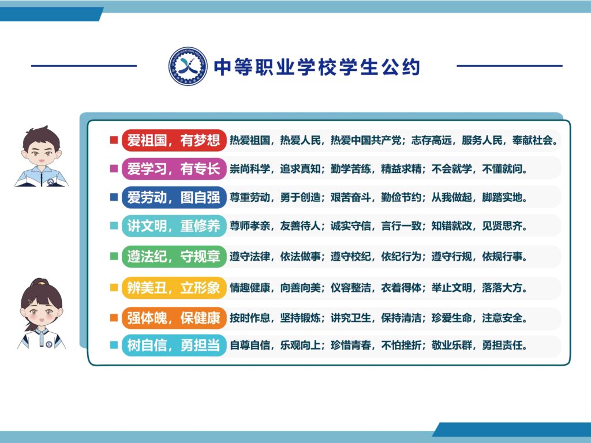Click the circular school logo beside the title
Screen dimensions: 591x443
pyautogui.click(x=188, y=66)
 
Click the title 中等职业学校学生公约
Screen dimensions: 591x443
pyautogui.click(x=317, y=67)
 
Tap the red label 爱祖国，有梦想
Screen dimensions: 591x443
pyautogui.click(x=174, y=140)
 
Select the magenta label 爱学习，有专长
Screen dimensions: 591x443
pyautogui.click(x=174, y=168)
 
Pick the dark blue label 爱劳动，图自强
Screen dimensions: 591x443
pyautogui.click(x=174, y=197)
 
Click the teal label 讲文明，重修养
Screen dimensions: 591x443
pyautogui.click(x=174, y=226)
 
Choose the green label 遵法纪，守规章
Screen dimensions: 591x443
pyautogui.click(x=174, y=256)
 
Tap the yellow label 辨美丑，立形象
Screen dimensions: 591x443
pyautogui.click(x=174, y=287)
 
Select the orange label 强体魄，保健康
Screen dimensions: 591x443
pyautogui.click(x=174, y=318)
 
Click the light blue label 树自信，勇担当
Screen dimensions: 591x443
pyautogui.click(x=174, y=345)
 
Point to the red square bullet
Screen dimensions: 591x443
pyautogui.click(x=114, y=140)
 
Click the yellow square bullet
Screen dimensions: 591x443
pyautogui.click(x=114, y=287)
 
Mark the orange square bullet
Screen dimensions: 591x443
pyautogui.click(x=114, y=318)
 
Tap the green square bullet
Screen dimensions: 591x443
pyautogui.click(x=114, y=256)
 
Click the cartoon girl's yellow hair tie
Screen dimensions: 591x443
pyautogui.click(x=40, y=281)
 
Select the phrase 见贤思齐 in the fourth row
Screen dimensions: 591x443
pyautogui.click(x=502, y=226)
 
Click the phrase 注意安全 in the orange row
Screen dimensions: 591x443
pyautogui.click(x=502, y=318)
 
